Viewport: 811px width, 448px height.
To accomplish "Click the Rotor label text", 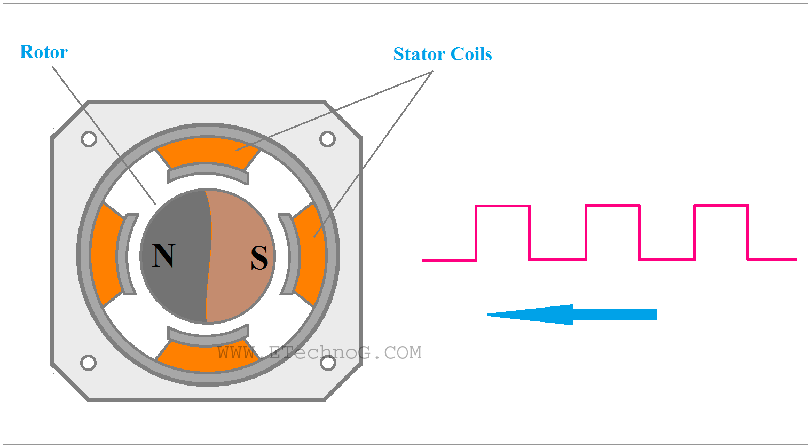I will (x=43, y=52).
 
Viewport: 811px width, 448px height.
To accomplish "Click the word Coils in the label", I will (x=471, y=54).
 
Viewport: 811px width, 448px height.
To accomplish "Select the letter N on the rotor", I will (x=163, y=256).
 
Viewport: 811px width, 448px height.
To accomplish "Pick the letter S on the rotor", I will (x=259, y=258).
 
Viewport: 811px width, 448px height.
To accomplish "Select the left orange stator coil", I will (x=104, y=255).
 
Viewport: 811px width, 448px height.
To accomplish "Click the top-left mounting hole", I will (x=89, y=139).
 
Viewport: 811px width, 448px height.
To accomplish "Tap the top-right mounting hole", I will (x=327, y=139).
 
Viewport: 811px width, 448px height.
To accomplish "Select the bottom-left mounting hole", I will (x=89, y=363).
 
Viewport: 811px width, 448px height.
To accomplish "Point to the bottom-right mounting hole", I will (x=327, y=363).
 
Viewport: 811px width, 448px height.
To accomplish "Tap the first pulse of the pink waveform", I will (x=502, y=206).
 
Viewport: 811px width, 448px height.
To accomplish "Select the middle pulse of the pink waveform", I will (x=612, y=206).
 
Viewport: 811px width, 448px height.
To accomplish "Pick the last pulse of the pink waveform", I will (x=721, y=206).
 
